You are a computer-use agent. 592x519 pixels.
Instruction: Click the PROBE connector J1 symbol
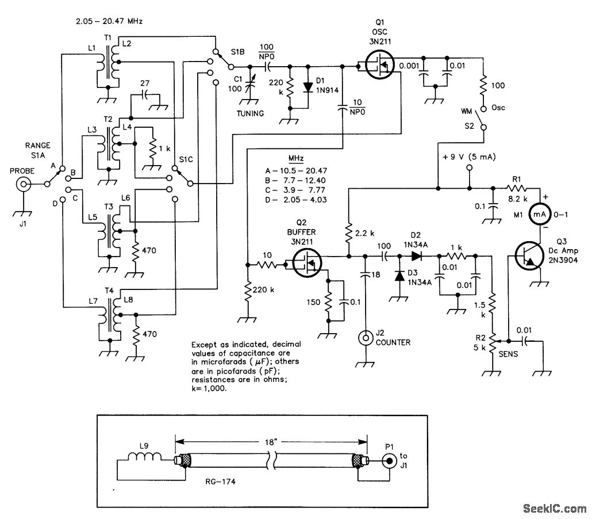[24, 184]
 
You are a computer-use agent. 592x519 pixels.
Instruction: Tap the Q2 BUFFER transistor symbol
[305, 264]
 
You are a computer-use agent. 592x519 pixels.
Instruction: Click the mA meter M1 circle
[538, 213]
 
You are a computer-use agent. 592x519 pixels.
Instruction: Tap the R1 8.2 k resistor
[520, 188]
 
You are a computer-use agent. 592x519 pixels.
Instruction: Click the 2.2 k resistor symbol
[348, 232]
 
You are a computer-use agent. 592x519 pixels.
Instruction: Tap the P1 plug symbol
[391, 460]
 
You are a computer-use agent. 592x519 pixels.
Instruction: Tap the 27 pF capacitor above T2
[145, 94]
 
